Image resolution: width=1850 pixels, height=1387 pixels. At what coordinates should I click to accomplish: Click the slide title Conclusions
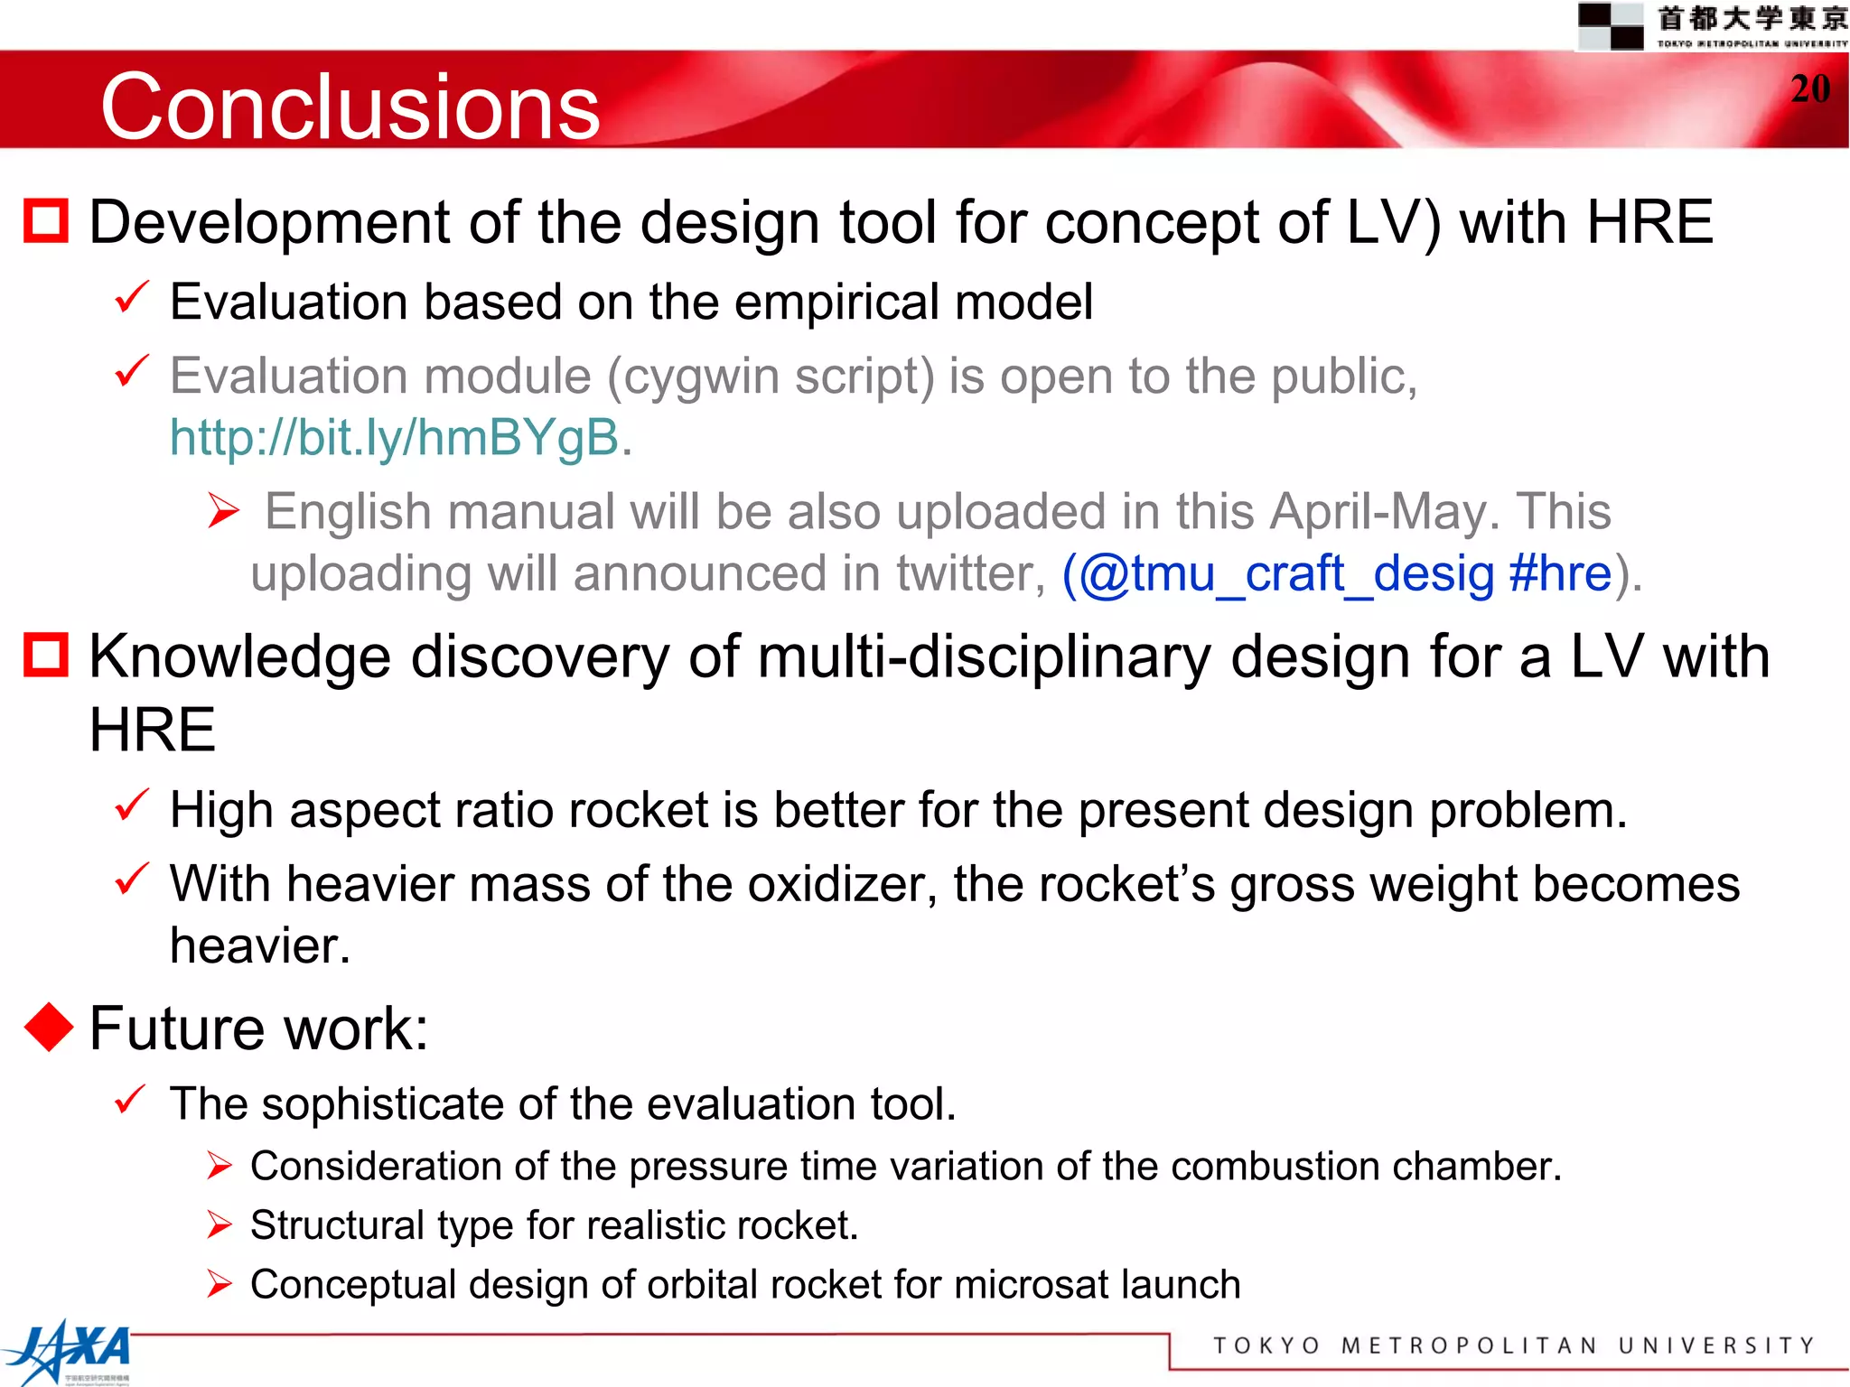point(350,107)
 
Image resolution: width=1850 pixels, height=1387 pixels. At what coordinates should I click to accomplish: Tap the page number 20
point(1810,88)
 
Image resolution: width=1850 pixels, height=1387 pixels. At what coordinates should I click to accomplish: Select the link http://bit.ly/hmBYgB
point(395,438)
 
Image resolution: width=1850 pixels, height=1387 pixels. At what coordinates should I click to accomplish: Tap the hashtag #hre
point(1560,574)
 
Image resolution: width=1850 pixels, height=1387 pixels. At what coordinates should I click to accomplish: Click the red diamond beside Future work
point(48,1028)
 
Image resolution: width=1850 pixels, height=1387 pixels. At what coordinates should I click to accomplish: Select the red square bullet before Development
point(46,221)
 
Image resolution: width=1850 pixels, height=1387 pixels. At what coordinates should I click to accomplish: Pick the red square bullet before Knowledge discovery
point(46,655)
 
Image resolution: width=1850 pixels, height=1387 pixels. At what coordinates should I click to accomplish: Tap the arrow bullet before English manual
point(223,511)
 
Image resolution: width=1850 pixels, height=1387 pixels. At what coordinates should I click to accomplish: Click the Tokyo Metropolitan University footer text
point(1513,1345)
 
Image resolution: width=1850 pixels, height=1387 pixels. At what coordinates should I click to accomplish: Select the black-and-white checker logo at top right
point(1611,25)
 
